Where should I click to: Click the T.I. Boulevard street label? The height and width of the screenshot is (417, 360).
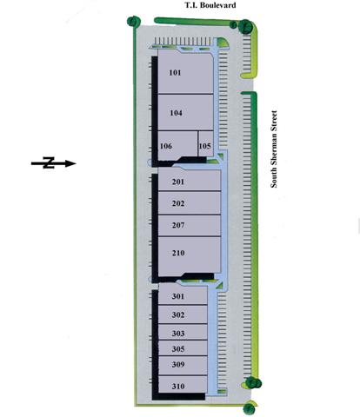(210, 5)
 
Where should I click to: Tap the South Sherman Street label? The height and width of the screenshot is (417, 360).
(274, 149)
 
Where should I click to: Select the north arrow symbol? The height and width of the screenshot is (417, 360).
(53, 163)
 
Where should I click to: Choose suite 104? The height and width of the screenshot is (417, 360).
(185, 112)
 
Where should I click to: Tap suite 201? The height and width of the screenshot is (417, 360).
(190, 181)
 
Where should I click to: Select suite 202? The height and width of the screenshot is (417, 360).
(190, 203)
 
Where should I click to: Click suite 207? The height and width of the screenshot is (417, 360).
(190, 225)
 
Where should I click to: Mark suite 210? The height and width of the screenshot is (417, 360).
(190, 255)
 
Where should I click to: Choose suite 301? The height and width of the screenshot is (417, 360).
(183, 295)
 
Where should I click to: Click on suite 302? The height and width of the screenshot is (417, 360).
(183, 314)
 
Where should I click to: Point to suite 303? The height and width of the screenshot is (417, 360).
(183, 332)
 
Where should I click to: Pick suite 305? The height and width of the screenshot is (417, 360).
(183, 348)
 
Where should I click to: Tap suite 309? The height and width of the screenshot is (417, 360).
(183, 366)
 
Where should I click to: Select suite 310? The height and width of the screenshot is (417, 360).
(183, 385)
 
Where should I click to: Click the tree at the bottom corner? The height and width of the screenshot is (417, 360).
(250, 408)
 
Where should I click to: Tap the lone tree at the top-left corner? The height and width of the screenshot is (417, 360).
(134, 21)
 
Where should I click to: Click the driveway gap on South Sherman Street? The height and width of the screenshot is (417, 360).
(249, 85)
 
